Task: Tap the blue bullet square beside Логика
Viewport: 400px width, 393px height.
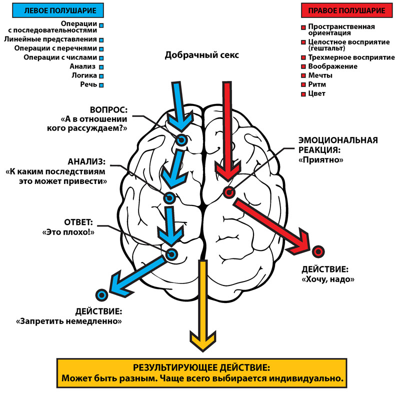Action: point(101,76)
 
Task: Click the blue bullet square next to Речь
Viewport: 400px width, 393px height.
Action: point(101,85)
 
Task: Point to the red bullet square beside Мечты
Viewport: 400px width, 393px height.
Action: point(303,76)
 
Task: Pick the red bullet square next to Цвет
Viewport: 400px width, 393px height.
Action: point(303,94)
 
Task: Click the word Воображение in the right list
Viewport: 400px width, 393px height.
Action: point(333,66)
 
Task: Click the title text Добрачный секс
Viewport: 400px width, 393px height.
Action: point(202,55)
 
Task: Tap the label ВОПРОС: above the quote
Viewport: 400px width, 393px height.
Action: point(109,109)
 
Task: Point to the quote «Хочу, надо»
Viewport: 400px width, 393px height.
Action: point(328,280)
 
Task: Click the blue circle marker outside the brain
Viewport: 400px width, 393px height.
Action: point(102,295)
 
